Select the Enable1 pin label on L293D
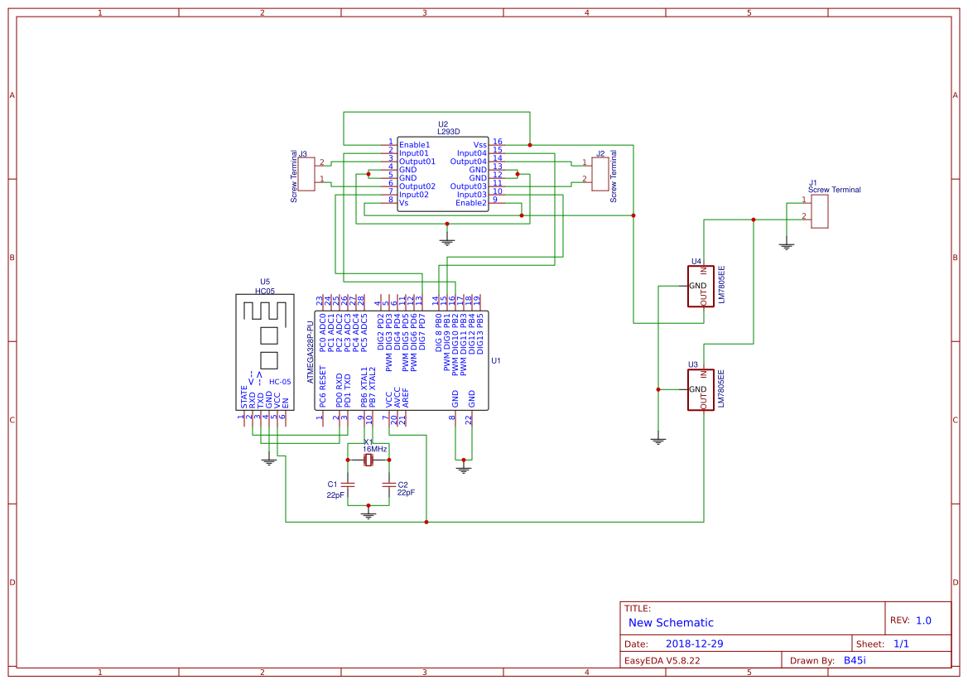(x=414, y=144)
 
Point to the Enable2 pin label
(x=470, y=203)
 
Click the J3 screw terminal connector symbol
(x=306, y=171)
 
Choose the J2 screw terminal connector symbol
(x=599, y=171)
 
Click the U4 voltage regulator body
(x=700, y=287)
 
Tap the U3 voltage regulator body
(x=700, y=390)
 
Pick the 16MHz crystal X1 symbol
(x=368, y=461)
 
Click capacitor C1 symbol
(x=348, y=484)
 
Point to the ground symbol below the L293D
(x=447, y=241)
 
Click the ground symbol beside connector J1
(x=787, y=245)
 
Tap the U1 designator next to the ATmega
(x=496, y=361)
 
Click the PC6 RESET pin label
(x=322, y=388)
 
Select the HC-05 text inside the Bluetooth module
(x=279, y=382)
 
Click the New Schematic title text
(x=671, y=623)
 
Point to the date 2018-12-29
(x=694, y=644)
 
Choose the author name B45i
(x=855, y=660)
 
